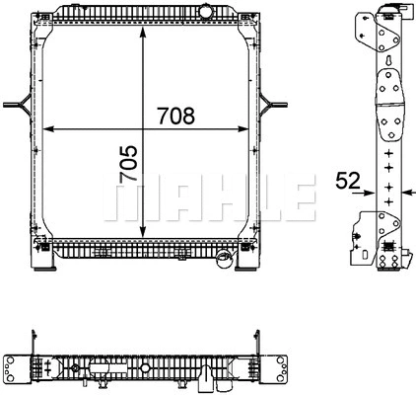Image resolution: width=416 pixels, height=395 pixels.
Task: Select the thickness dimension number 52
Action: [x=346, y=180]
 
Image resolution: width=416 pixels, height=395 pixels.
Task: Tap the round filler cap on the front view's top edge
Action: [x=206, y=9]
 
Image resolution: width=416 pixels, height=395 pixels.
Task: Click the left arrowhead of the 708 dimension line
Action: [x=51, y=129]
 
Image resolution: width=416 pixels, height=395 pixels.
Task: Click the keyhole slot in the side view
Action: [x=391, y=60]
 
